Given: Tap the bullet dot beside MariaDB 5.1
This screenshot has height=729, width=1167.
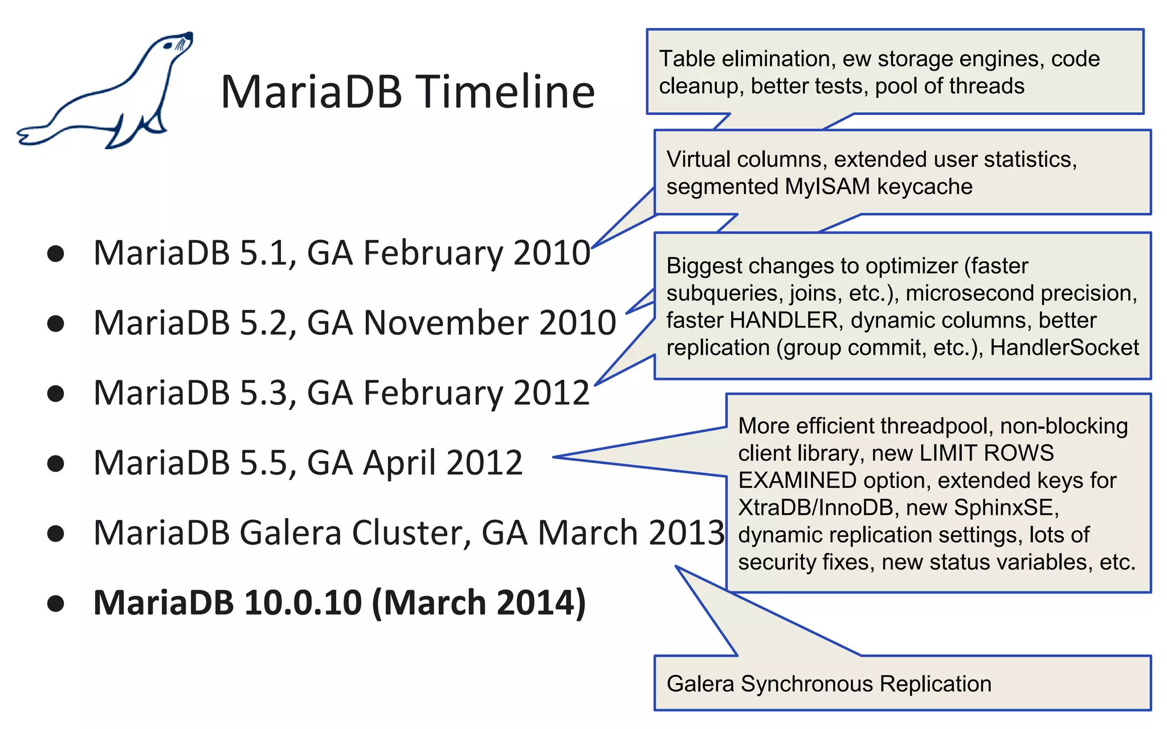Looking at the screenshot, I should (55, 253).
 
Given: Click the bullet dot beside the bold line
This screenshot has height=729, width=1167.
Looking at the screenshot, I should (55, 603).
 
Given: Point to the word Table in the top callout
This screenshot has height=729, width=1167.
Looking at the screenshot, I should (687, 59).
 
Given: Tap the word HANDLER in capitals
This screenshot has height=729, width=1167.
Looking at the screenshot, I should (784, 321).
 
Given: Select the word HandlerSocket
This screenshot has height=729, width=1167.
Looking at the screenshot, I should (1064, 347).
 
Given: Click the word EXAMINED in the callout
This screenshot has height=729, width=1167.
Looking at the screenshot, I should (797, 481).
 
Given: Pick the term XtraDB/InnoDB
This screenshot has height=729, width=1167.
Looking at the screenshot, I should (815, 507).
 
